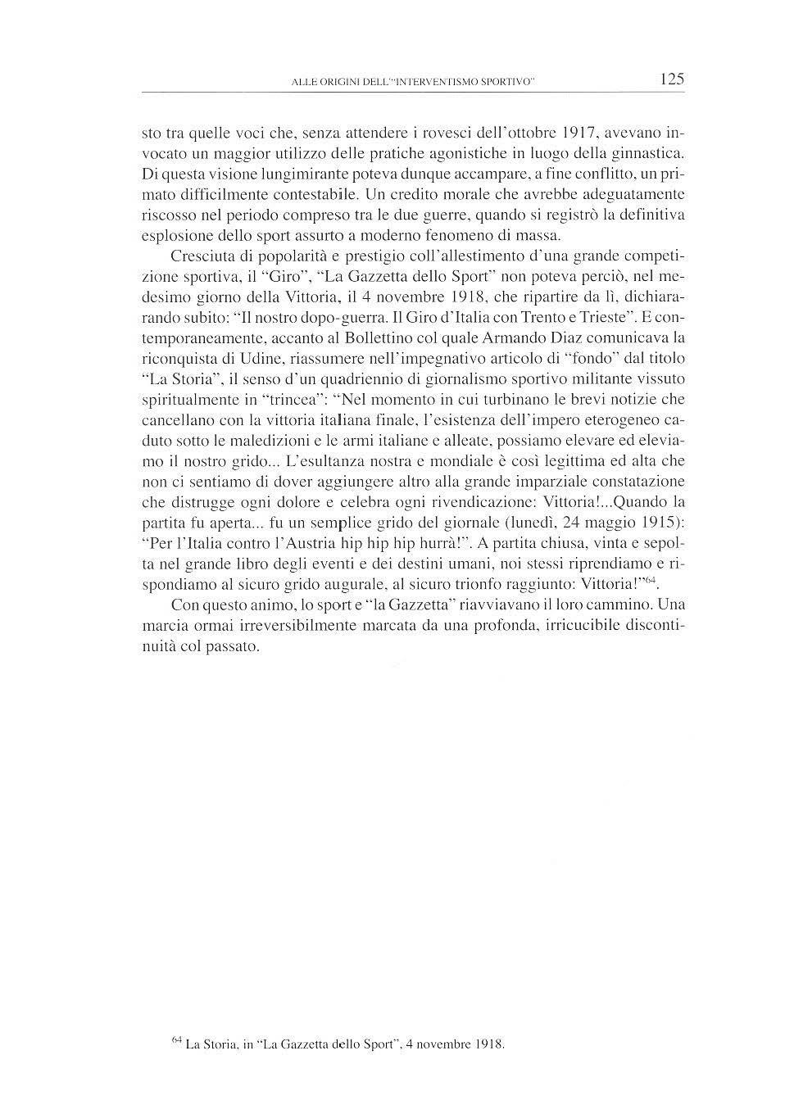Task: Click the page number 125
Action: [x=670, y=79]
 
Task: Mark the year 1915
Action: [x=661, y=522]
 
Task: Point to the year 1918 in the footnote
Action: [x=488, y=1044]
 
